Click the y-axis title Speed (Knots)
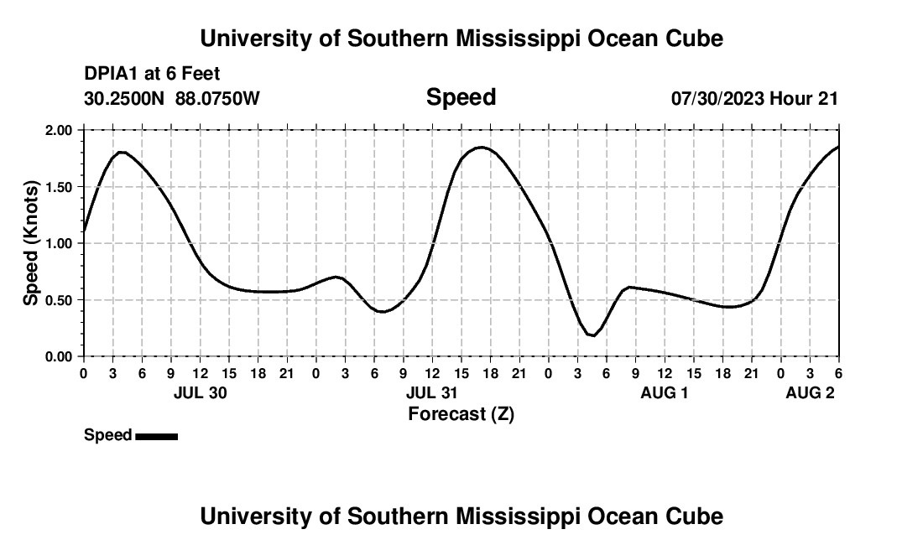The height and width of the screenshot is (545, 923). (x=31, y=243)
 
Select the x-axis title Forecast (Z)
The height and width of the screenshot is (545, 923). (x=461, y=413)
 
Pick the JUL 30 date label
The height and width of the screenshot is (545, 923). (x=200, y=393)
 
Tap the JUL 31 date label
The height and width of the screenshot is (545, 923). (x=432, y=393)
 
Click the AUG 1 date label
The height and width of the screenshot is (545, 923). (x=665, y=393)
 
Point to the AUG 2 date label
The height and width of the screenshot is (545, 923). (x=810, y=393)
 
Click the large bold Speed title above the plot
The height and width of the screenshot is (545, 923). (x=461, y=97)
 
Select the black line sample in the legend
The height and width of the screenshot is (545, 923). (x=156, y=436)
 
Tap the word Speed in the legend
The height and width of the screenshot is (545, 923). (x=107, y=435)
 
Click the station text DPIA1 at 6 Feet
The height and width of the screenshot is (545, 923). (x=152, y=75)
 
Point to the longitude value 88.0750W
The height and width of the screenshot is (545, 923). (x=217, y=99)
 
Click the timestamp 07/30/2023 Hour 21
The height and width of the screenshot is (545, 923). (x=754, y=99)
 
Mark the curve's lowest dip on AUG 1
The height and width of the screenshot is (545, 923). (x=592, y=335)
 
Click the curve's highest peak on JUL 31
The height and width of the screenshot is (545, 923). (x=481, y=148)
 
